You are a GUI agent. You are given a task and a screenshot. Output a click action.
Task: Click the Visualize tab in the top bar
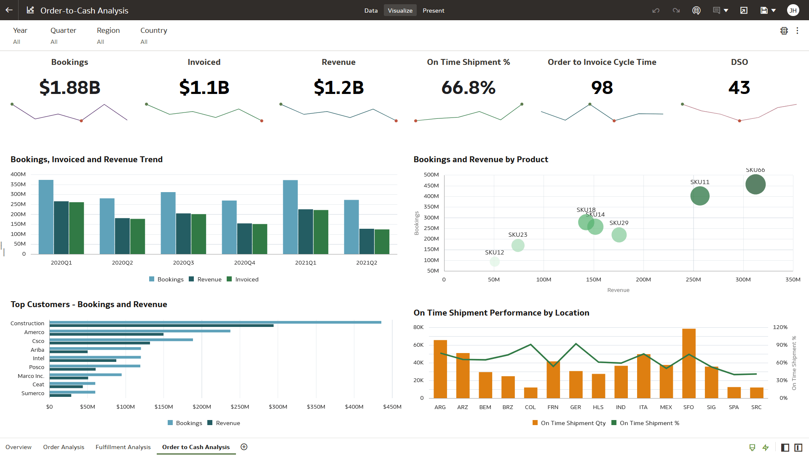[x=400, y=11]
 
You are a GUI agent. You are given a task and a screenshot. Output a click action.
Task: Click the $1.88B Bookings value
[x=70, y=88]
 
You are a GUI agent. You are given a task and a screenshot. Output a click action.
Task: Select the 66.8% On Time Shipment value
[x=468, y=88]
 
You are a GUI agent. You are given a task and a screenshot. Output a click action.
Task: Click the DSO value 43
[x=739, y=88]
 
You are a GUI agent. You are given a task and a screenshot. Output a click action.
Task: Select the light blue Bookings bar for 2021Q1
[x=290, y=217]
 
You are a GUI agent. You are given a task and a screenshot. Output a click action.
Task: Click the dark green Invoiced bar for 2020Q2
[x=137, y=236]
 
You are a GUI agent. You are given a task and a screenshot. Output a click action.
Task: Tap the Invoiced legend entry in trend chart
[x=243, y=279]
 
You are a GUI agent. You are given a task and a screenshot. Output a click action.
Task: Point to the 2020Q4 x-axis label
[x=244, y=262]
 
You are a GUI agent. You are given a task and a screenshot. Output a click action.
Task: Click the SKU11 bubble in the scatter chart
[x=700, y=196]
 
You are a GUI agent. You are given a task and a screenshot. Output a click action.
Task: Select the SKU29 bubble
[x=619, y=235]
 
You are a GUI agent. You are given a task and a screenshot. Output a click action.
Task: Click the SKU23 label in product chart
[x=517, y=235]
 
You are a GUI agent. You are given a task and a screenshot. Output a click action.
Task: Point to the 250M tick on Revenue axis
[x=693, y=280]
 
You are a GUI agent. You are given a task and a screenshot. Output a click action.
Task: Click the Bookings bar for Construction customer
[x=215, y=322]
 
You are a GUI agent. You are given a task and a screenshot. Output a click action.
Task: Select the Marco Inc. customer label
[x=31, y=376]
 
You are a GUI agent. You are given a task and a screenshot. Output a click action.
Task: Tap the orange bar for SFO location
[x=688, y=363]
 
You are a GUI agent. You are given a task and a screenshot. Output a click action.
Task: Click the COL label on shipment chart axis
[x=530, y=407]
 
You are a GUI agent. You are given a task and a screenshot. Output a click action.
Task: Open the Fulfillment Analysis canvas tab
[x=123, y=447]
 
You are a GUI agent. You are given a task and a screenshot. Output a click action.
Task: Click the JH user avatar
[x=793, y=11]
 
